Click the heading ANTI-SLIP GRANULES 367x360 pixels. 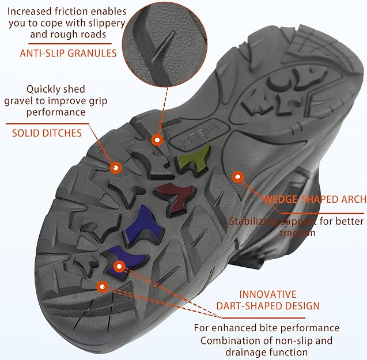pyautogui.click(x=69, y=53)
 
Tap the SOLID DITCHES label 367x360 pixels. pyautogui.click(x=47, y=133)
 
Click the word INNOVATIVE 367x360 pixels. pyautogui.click(x=267, y=294)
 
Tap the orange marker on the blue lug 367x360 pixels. pyautogui.click(x=119, y=266)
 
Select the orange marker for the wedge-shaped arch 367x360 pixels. pyautogui.click(x=236, y=177)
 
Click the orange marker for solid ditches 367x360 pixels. pyautogui.click(x=116, y=168)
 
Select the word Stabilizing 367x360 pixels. pyautogui.click(x=255, y=221)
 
